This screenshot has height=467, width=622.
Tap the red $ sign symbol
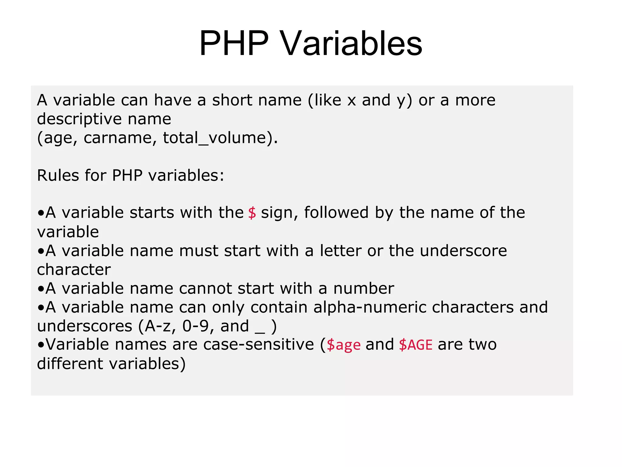coord(252,213)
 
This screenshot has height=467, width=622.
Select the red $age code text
coord(343,345)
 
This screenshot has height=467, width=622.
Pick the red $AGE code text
coord(415,345)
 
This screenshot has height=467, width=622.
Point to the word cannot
coord(205,289)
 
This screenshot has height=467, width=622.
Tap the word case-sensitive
coord(258,345)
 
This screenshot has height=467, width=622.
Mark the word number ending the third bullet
coord(364,289)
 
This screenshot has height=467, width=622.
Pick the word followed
coord(336,213)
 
